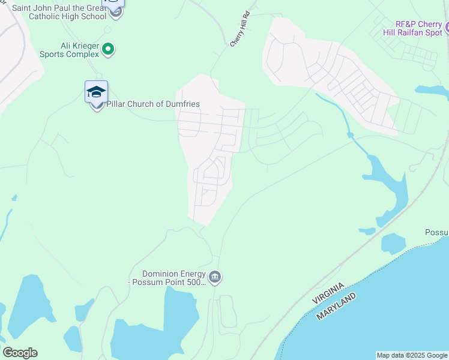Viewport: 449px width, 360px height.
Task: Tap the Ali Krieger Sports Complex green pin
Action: [108, 49]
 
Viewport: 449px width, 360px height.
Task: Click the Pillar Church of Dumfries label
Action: [152, 104]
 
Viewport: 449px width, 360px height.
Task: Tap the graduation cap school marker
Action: [96, 92]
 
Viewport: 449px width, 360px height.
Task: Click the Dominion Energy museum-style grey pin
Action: [215, 277]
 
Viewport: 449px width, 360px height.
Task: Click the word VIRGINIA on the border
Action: [328, 292]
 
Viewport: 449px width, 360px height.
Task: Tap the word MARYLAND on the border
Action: [336, 306]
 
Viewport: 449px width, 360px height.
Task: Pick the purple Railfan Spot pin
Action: [447, 27]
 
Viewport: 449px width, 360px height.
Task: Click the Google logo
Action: [20, 353]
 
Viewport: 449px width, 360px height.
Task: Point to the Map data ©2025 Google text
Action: [411, 355]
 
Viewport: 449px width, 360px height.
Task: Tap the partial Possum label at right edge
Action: [436, 233]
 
